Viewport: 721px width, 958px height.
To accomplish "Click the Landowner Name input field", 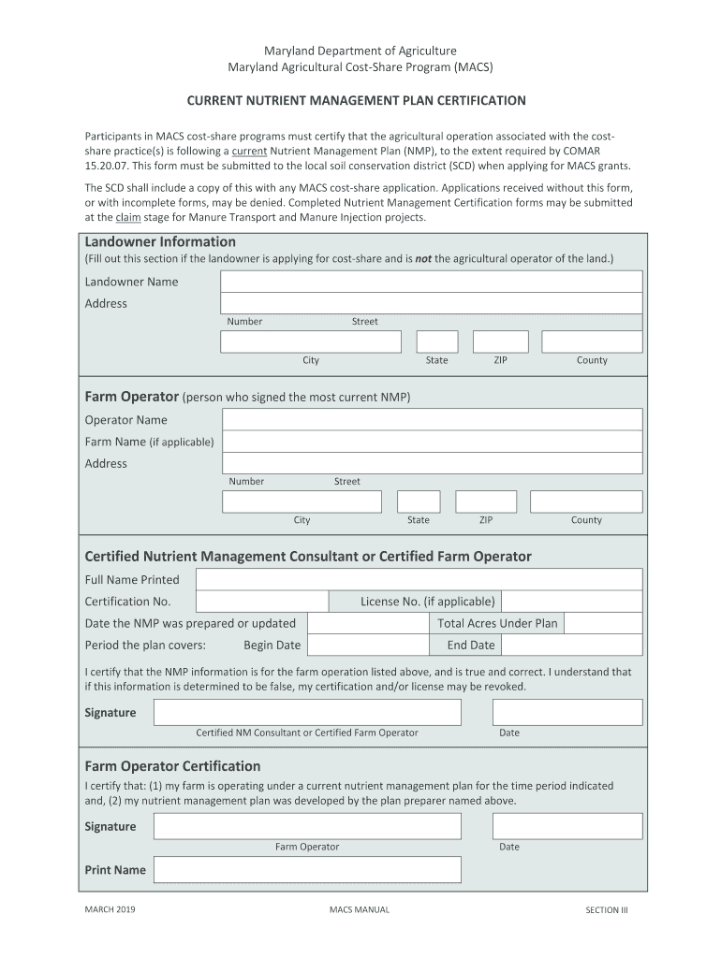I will click(x=431, y=282).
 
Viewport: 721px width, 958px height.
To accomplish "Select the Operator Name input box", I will click(x=432, y=419).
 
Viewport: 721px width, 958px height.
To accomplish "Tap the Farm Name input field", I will click(x=432, y=442).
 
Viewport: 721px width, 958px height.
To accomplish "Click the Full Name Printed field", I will click(x=419, y=579).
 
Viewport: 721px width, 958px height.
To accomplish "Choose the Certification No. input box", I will click(x=262, y=602).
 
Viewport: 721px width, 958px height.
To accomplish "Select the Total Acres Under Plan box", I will click(x=603, y=623).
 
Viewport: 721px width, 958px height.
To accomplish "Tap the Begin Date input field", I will click(x=368, y=645).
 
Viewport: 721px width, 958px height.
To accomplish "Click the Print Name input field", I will click(x=307, y=870).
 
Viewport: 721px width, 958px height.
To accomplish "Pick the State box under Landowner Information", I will click(x=437, y=341).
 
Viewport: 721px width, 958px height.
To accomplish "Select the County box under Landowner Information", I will click(x=592, y=341).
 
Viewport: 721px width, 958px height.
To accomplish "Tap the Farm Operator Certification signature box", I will click(x=307, y=826).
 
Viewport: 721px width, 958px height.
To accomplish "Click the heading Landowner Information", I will click(x=160, y=242).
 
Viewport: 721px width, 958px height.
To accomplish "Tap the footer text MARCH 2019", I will click(x=110, y=909).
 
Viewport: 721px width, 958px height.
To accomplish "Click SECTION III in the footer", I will click(x=607, y=909).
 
